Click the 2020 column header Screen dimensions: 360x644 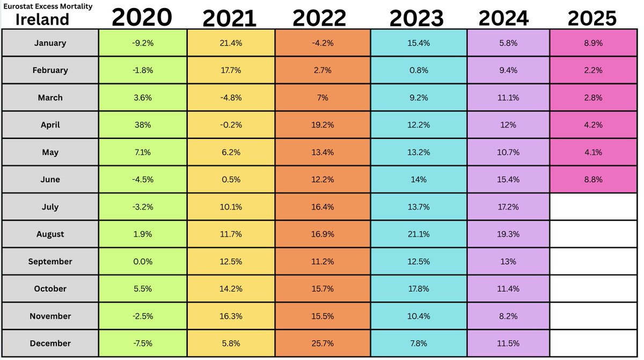[142, 18]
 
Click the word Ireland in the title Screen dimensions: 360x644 [42, 19]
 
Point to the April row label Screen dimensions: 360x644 [50, 125]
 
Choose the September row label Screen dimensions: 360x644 [50, 262]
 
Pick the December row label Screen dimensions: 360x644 [50, 343]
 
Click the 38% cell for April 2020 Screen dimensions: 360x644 [142, 125]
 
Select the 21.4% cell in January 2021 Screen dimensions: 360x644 [230, 43]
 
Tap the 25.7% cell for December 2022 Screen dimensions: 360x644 [323, 343]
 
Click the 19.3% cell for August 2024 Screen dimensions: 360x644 [508, 234]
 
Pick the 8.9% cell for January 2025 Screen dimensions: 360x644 [592, 43]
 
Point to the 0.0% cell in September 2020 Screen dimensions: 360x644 [142, 262]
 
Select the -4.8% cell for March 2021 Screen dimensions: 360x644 [230, 98]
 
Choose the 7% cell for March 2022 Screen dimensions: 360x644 [323, 98]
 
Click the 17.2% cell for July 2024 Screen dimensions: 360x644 [508, 207]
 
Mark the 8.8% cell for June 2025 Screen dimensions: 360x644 [592, 180]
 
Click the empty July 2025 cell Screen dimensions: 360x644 [592, 207]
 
